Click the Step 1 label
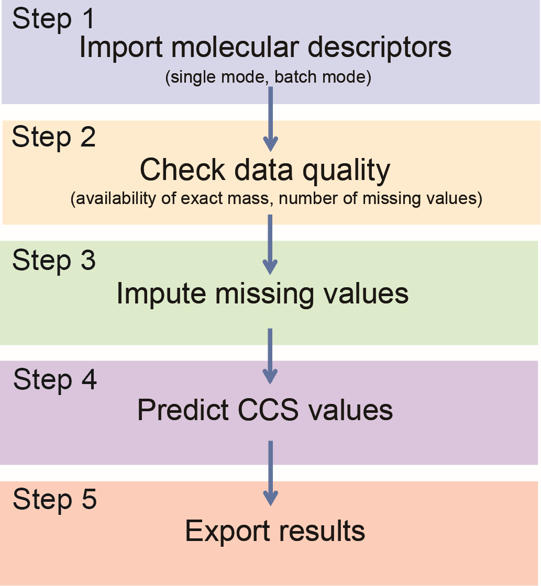coord(53,19)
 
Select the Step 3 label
coord(54,261)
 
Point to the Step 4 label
coord(55,380)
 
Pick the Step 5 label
coord(55,499)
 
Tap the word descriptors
coord(380,47)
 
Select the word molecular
coord(235,47)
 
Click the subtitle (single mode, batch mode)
coord(268,77)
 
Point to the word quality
coord(346,171)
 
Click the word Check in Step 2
coord(183,170)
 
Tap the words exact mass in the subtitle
coord(225,198)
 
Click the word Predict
coord(183,410)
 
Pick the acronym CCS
coord(268,410)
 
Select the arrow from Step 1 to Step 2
coord(270,119)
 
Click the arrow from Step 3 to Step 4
coord(270,356)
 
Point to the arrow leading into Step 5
coord(270,473)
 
